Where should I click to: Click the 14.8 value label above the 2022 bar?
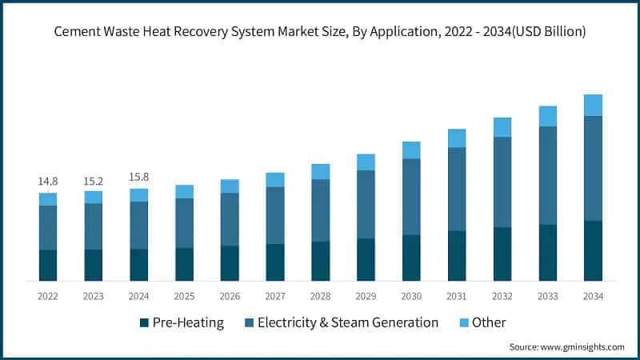coord(48,182)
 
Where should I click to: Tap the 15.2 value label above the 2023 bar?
coord(94,182)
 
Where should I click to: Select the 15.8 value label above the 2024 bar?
coord(139,177)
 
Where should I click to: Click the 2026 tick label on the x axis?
coord(230,296)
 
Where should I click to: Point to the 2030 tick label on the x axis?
coord(411,296)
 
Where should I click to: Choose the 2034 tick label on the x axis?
coord(593,296)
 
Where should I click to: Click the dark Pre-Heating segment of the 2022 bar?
coord(48,265)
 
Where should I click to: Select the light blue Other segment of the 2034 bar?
coord(593,105)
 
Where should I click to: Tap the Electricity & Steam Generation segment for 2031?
coord(457,189)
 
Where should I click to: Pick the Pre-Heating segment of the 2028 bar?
coord(321,261)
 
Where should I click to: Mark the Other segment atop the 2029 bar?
coord(366,162)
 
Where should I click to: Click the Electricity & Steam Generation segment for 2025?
coord(184,222)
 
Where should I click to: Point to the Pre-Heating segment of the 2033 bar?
coord(547,252)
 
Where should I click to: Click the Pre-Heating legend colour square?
coord(145,323)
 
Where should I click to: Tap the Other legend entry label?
coord(489,322)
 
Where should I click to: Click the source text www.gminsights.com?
coord(582,347)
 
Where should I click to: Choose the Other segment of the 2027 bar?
coord(275,179)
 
